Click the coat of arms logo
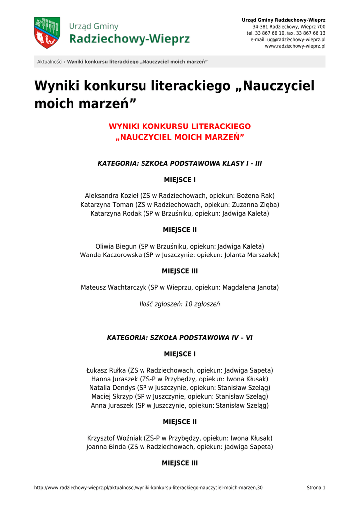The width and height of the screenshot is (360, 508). point(47,33)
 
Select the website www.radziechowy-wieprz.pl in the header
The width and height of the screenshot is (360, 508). point(295,46)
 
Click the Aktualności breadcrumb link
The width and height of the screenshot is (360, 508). point(50,62)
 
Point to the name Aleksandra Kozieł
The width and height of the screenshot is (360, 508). point(111,196)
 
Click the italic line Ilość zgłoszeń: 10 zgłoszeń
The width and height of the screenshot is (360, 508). point(180,304)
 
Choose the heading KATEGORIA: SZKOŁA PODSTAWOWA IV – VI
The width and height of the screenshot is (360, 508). point(180,337)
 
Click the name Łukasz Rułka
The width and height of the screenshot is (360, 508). point(106,370)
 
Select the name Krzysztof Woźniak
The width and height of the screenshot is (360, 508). point(115,438)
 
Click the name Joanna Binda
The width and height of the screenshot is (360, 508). point(106,447)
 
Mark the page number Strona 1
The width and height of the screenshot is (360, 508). point(316,488)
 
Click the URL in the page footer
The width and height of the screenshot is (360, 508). point(148,488)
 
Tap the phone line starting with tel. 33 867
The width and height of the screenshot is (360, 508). point(286,33)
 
